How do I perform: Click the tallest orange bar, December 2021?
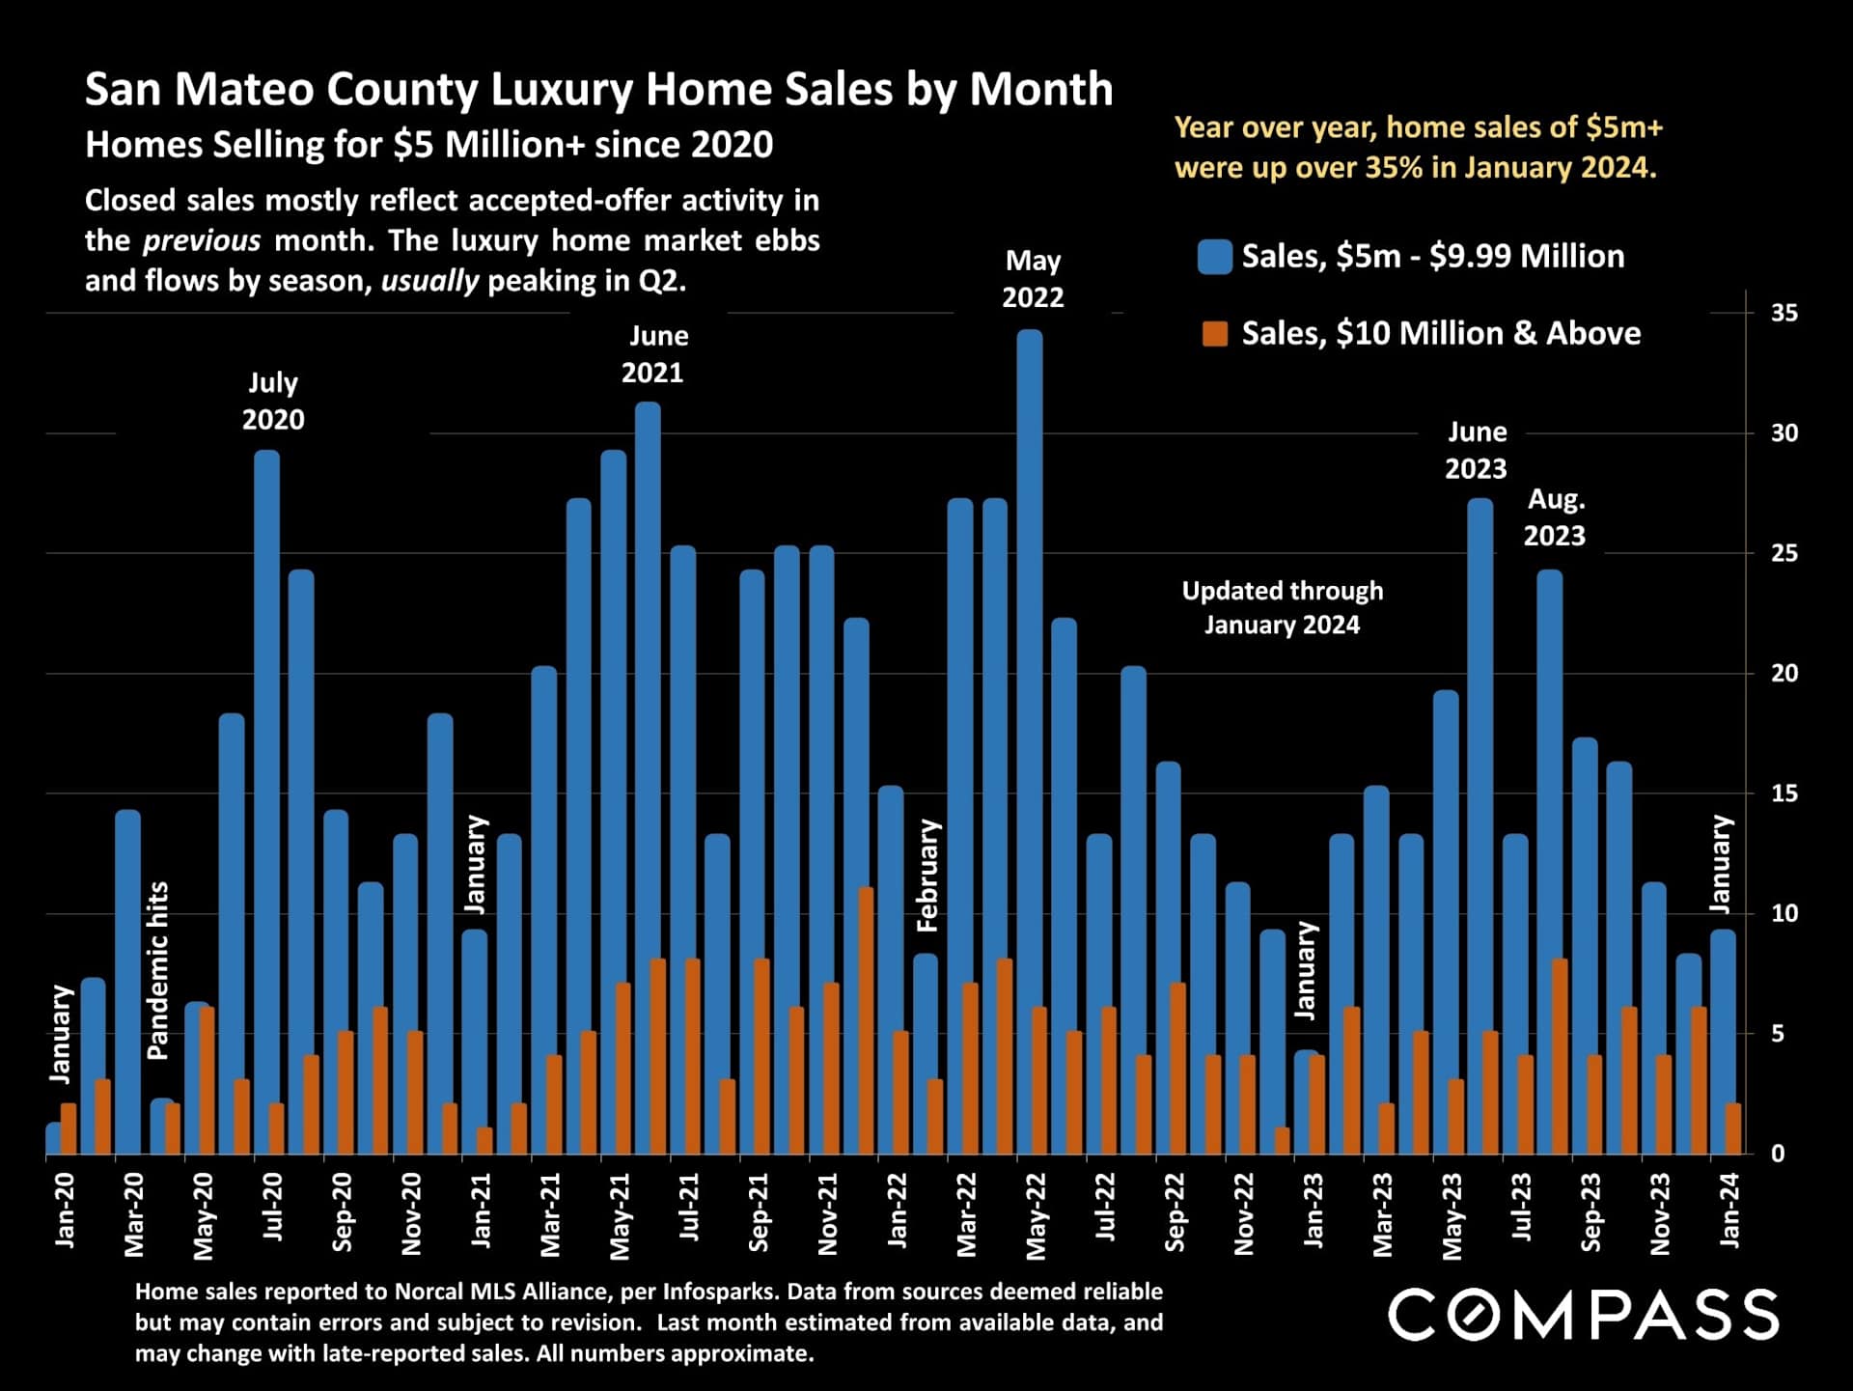click(x=866, y=1019)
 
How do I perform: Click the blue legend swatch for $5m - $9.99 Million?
click(x=1214, y=257)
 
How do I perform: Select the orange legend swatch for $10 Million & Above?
click(x=1214, y=334)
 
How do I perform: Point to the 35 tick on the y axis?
click(x=1784, y=313)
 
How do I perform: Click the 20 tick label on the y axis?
click(x=1784, y=673)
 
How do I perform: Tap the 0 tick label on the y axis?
click(x=1778, y=1154)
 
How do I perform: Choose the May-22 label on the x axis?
click(x=1036, y=1215)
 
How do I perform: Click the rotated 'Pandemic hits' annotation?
click(x=157, y=970)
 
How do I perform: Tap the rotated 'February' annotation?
click(x=927, y=875)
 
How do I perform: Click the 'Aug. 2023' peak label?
click(x=1555, y=517)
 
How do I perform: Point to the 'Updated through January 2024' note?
click(x=1282, y=607)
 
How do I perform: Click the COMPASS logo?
click(x=1583, y=1315)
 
